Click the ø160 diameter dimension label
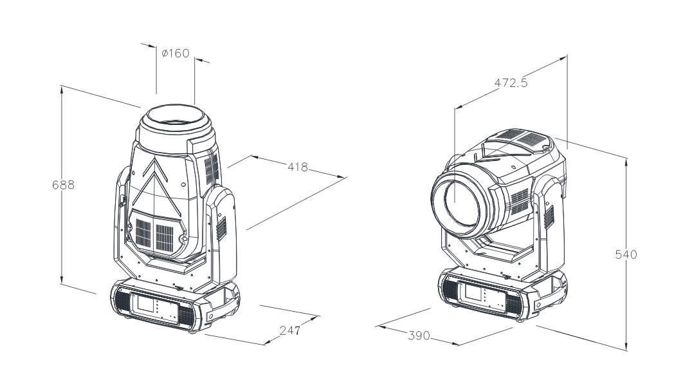pos(175,53)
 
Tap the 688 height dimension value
pos(63,185)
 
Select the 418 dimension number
pos(298,167)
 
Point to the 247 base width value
pos(289,330)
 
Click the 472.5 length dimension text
pos(511,82)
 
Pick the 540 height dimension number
pos(626,254)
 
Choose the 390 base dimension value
pos(419,336)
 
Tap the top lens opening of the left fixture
pos(176,118)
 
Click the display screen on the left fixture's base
pos(146,302)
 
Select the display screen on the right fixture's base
pos(473,292)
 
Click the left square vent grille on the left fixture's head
pos(143,232)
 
